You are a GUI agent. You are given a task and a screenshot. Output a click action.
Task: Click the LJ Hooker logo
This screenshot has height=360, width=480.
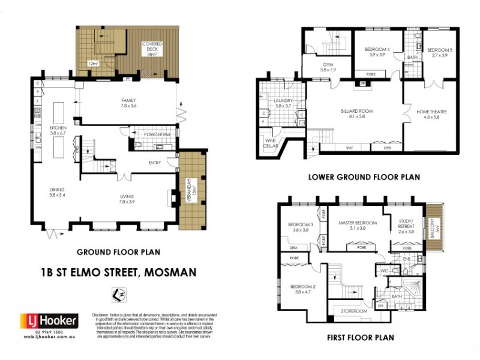(49, 321)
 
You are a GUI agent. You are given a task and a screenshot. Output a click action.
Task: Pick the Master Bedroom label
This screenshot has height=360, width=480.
(357, 222)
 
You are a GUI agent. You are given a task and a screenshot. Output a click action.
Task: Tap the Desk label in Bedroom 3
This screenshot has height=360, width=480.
(293, 247)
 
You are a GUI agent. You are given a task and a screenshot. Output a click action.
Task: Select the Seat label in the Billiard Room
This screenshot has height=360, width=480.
(349, 148)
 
